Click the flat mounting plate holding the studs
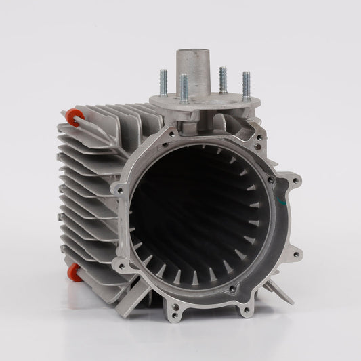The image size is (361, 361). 203,105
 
